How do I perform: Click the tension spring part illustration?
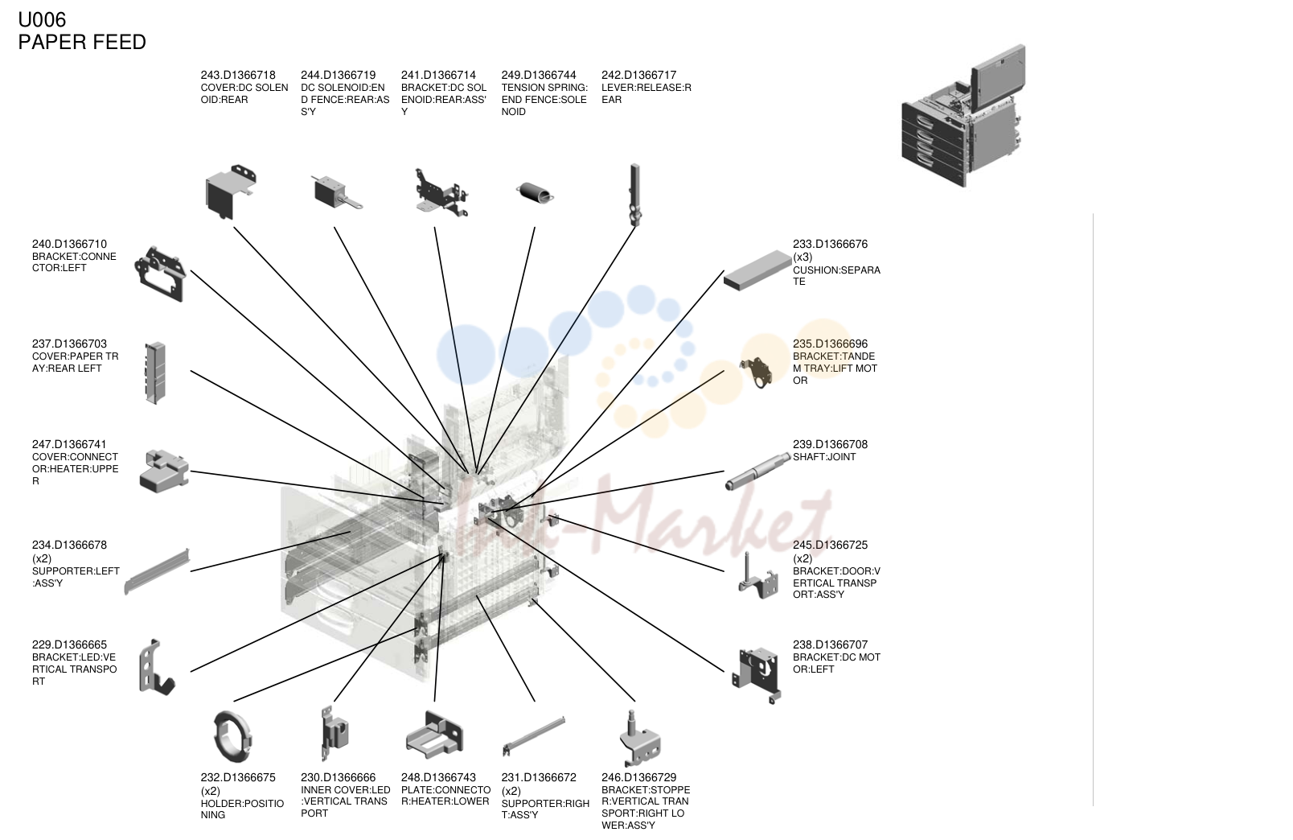535,193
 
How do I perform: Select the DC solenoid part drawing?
337,192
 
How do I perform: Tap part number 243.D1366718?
238,75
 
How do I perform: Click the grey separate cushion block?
757,270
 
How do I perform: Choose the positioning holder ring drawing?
232,736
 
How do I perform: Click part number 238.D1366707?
830,644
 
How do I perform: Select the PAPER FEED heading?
82,42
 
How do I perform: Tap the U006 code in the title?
42,19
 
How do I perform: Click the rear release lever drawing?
635,195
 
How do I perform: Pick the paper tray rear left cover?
155,373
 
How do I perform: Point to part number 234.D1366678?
69,545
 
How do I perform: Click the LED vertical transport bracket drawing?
156,668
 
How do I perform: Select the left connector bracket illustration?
160,274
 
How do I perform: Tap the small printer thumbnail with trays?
963,116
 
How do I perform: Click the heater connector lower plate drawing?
435,735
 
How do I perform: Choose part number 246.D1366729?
639,777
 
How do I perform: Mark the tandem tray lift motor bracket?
756,373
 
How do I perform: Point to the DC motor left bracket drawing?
757,675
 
